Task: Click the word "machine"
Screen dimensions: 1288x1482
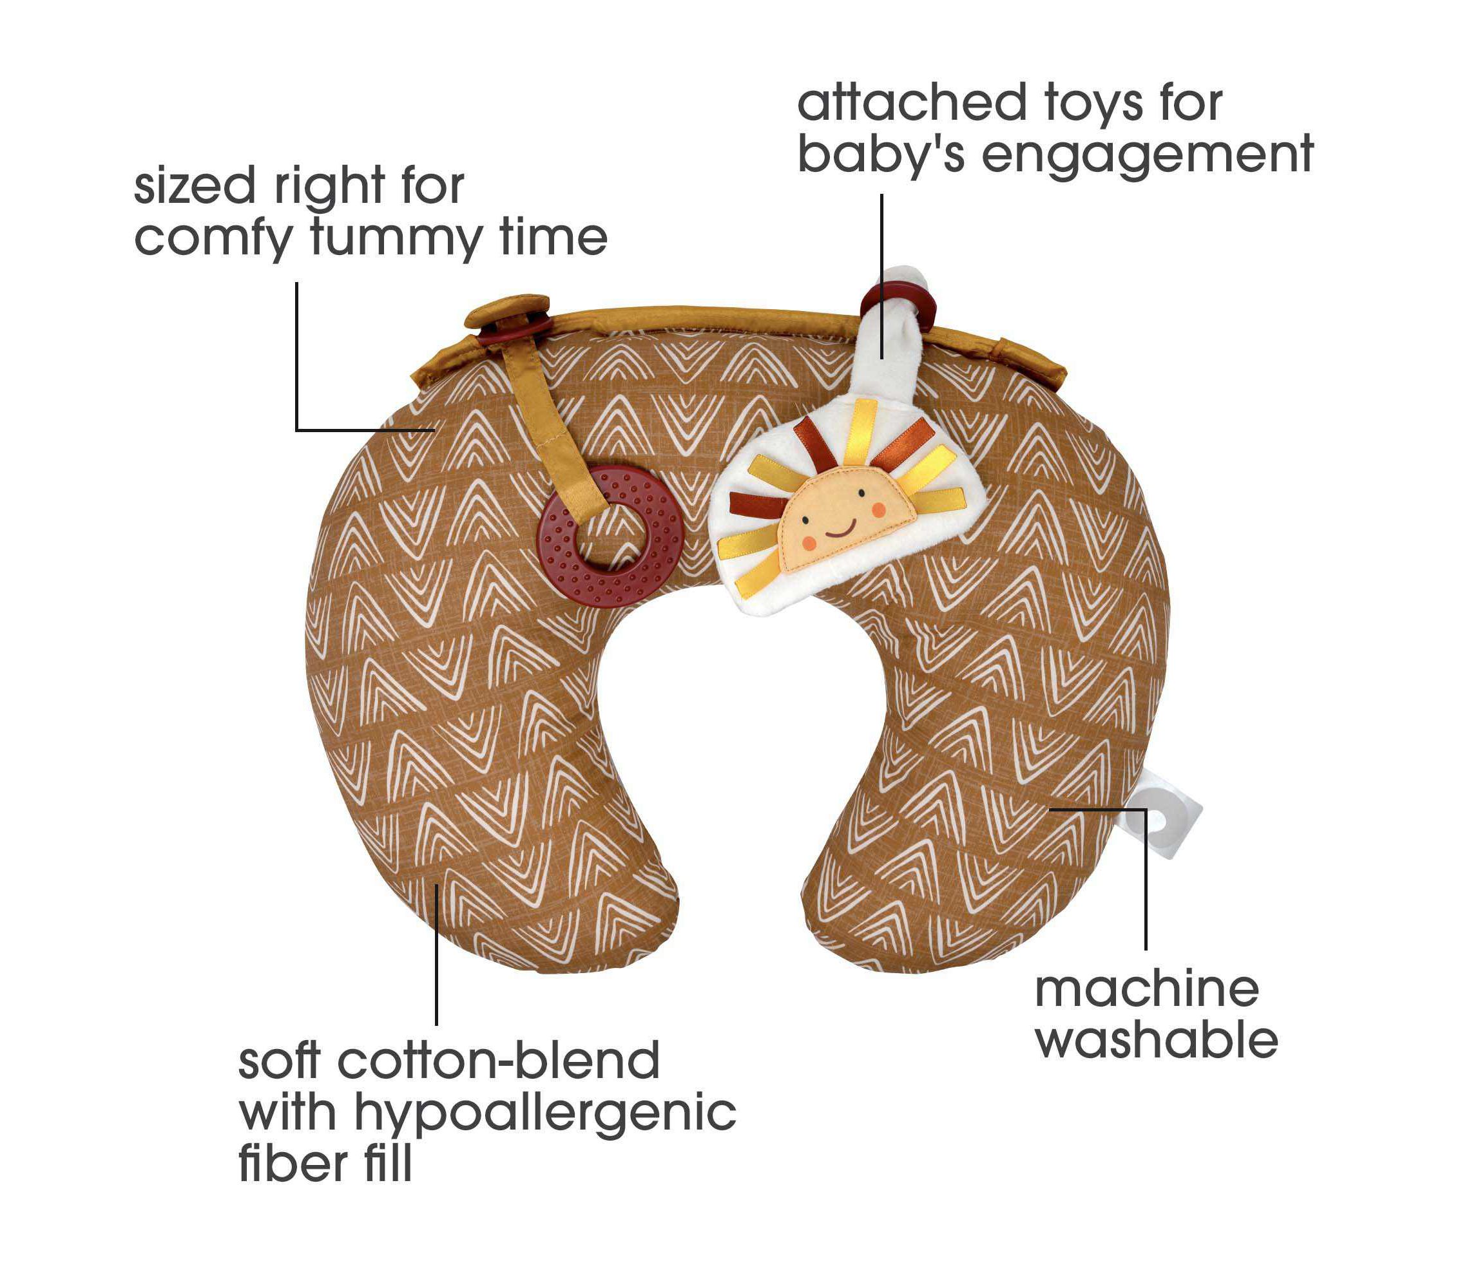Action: click(x=1146, y=990)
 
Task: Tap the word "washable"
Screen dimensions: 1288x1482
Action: click(x=1157, y=1041)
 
